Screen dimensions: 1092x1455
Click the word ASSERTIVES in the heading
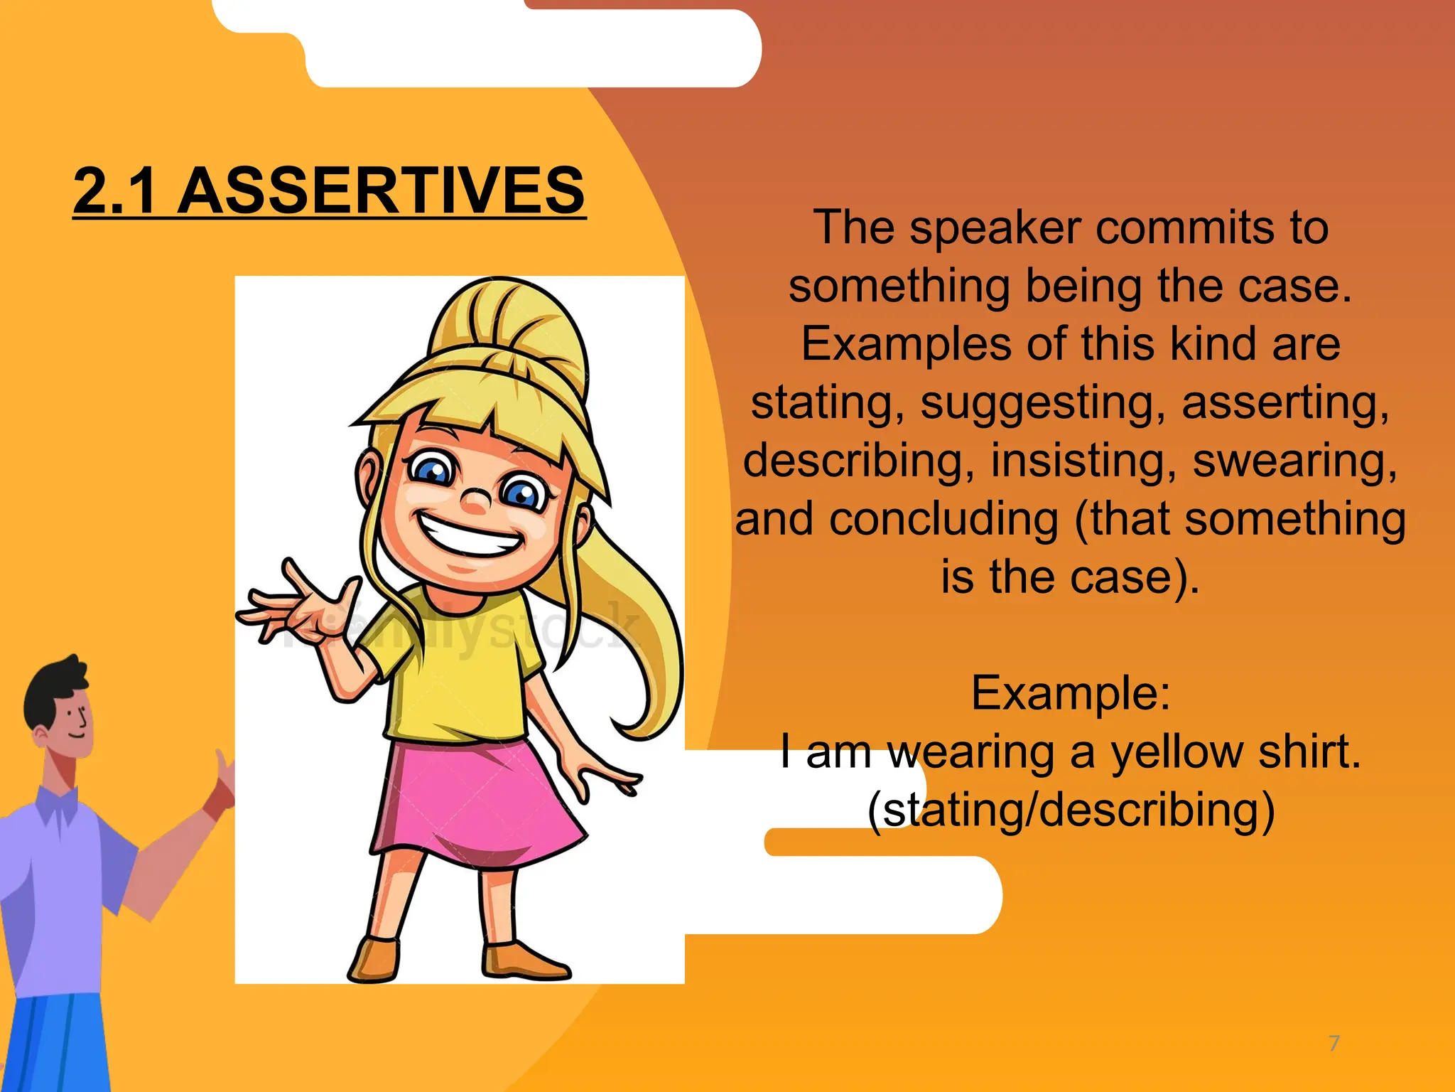click(381, 191)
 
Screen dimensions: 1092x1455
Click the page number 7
click(1334, 1043)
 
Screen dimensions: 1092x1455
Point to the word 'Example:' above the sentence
click(1070, 693)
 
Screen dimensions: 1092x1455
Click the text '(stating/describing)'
click(1070, 810)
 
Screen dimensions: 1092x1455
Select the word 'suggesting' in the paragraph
click(1043, 402)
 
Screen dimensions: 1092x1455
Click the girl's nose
click(475, 500)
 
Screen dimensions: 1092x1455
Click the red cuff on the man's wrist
click(217, 803)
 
